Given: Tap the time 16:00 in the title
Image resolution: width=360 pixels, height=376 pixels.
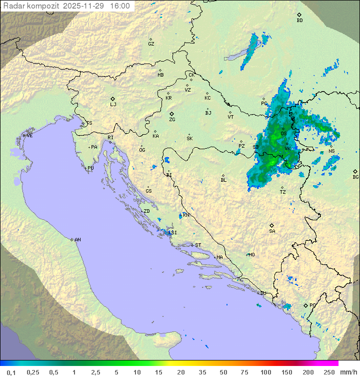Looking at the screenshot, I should click(x=119, y=6).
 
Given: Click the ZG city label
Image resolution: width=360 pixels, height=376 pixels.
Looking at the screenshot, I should click(x=172, y=120).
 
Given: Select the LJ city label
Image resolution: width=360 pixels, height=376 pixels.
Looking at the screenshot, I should click(x=113, y=104).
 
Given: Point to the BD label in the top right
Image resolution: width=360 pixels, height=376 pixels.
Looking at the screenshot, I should click(x=299, y=21).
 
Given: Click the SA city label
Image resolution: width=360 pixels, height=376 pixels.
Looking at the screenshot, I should click(x=272, y=231).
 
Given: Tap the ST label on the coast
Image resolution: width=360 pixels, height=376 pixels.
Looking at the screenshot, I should click(x=198, y=245).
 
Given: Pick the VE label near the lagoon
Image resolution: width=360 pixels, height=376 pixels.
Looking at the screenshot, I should click(x=29, y=135).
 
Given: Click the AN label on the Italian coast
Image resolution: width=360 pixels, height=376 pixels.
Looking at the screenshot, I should click(x=77, y=240).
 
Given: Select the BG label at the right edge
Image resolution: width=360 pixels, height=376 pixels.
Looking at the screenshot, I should click(x=355, y=177).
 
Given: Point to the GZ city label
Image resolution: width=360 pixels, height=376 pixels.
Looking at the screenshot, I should click(x=151, y=44).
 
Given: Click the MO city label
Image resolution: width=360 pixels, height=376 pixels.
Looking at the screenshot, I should click(x=251, y=254).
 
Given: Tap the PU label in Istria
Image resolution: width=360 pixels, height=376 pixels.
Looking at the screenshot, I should click(x=90, y=168).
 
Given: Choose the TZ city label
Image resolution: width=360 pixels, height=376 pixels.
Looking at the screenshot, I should click(x=283, y=192).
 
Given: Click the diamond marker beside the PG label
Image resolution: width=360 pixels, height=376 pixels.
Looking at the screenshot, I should click(x=305, y=305).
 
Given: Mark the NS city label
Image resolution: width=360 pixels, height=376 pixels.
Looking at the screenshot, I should click(x=331, y=151).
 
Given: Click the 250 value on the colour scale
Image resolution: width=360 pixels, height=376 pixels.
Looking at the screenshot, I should click(x=328, y=372).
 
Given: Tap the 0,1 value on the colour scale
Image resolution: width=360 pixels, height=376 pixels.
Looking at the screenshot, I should click(x=11, y=372).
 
